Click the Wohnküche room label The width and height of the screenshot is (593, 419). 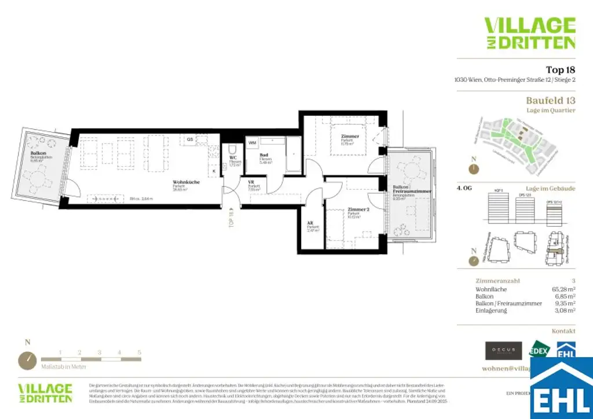[x=186, y=182]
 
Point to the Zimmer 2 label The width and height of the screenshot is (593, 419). [x=358, y=209]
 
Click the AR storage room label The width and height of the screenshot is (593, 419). [x=311, y=223]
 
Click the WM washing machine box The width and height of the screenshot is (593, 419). [x=252, y=142]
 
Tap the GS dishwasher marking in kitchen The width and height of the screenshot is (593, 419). [x=189, y=139]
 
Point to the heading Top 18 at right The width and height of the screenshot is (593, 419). [x=560, y=70]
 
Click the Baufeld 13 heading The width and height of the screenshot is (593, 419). [x=550, y=100]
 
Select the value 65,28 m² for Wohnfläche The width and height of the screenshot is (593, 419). [x=563, y=288]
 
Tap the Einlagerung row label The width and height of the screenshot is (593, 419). [x=491, y=311]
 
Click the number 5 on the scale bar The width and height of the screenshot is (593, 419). [x=140, y=352]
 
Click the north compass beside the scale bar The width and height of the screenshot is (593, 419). [x=27, y=361]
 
